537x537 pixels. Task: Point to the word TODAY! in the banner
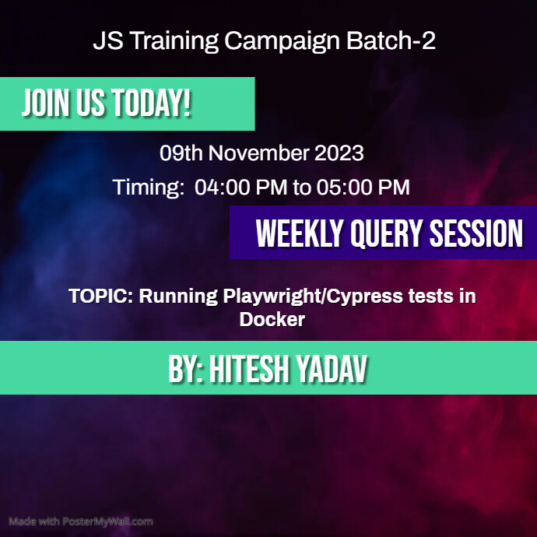pos(151,104)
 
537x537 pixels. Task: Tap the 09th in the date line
pos(181,153)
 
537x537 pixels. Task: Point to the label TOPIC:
pos(100,297)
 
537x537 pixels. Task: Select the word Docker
pos(272,319)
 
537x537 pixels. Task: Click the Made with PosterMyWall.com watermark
pos(81,521)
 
